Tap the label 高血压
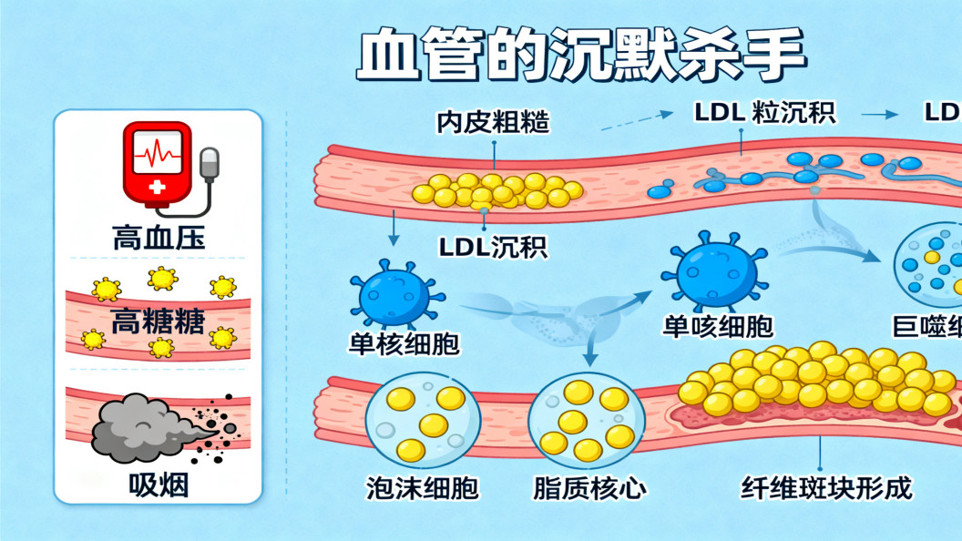(x=159, y=239)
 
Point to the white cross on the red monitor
(x=158, y=187)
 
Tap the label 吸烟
(x=158, y=485)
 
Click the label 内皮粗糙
(x=493, y=121)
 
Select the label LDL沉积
(x=493, y=246)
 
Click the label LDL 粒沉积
(x=764, y=113)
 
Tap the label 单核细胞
(x=404, y=343)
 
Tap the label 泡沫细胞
(x=422, y=488)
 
